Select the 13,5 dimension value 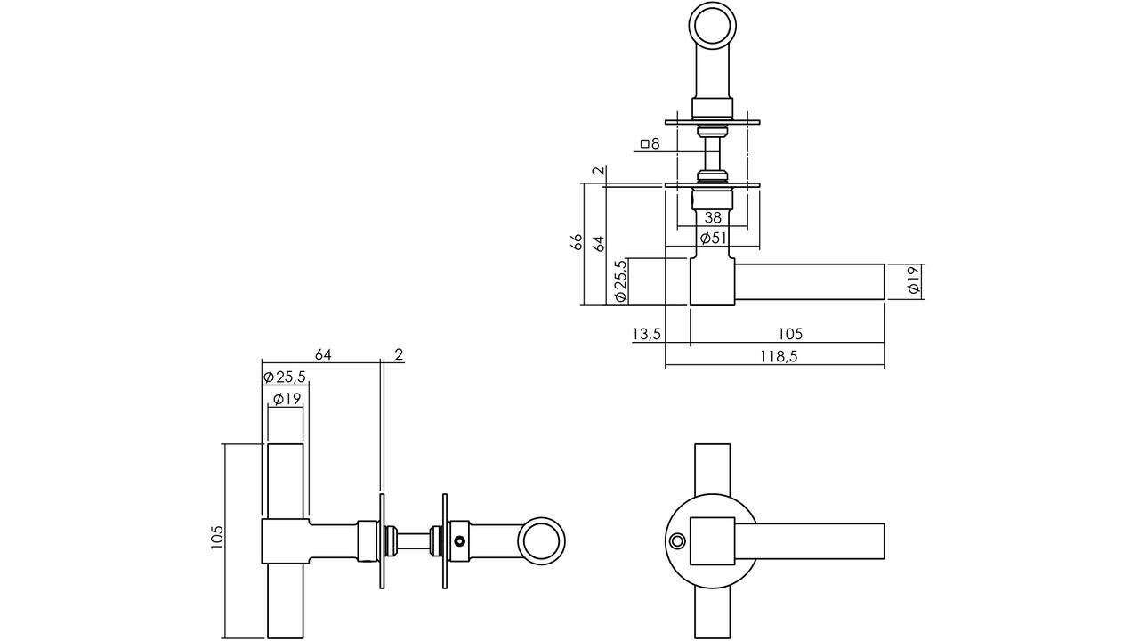(x=646, y=334)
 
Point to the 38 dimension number (x=713, y=217)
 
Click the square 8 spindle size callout (x=650, y=143)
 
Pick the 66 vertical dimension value (x=577, y=242)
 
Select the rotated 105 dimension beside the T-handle (x=217, y=537)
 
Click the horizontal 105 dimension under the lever (x=790, y=334)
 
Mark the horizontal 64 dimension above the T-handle (x=322, y=354)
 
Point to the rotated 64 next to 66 (x=598, y=242)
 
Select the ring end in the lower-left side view (x=542, y=542)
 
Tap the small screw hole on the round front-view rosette (x=678, y=541)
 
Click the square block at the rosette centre (x=714, y=540)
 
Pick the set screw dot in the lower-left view (x=459, y=540)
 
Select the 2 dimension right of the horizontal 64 (x=398, y=354)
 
